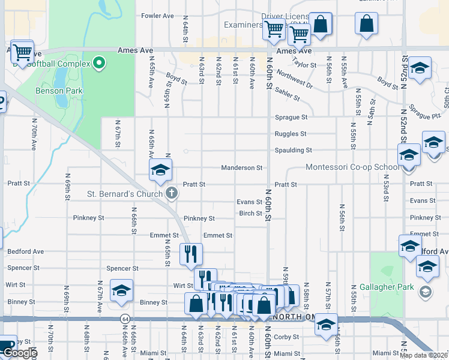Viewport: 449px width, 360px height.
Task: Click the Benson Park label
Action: point(59,91)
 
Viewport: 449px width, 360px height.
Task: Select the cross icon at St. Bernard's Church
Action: point(172,193)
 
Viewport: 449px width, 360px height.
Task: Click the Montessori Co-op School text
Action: point(351,167)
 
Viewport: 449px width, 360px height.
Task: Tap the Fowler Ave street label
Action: point(157,16)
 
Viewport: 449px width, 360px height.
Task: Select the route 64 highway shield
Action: point(124,319)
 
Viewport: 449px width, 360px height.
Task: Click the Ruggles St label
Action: point(291,134)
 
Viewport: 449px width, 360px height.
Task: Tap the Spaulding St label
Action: point(293,150)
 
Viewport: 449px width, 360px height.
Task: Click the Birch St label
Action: point(250,213)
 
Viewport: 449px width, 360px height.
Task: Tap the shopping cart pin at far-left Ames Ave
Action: point(22,53)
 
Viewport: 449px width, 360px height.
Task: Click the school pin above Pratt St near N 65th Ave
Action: point(160,170)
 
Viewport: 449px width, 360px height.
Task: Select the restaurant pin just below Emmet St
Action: point(191,254)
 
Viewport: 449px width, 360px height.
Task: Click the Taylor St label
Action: point(305,63)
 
